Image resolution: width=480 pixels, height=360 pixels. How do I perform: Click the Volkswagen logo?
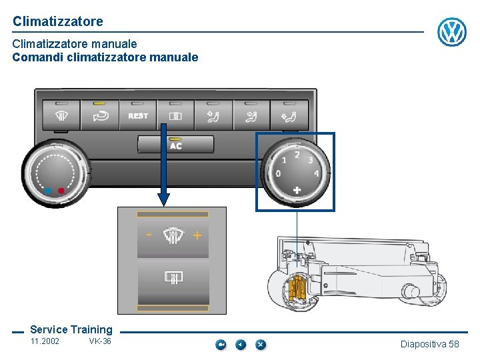[x=451, y=32]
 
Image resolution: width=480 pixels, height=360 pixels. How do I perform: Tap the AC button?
[x=176, y=144]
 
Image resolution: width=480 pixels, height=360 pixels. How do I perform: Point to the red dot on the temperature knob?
[x=61, y=191]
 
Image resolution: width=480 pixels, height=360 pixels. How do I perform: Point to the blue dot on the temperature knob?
[x=47, y=191]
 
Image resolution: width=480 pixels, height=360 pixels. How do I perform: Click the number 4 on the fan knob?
[x=316, y=173]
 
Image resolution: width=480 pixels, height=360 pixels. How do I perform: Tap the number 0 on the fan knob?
[x=278, y=173]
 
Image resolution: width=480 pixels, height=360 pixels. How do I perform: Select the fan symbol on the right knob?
[x=297, y=190]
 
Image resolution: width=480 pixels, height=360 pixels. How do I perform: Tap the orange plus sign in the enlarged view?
[x=197, y=235]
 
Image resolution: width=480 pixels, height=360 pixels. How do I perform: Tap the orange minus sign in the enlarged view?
[x=149, y=235]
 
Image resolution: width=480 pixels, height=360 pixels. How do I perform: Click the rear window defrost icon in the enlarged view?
[x=173, y=277]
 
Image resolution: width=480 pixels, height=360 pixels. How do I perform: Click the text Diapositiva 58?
[x=429, y=344]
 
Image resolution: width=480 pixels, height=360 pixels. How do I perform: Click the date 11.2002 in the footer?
[x=45, y=341]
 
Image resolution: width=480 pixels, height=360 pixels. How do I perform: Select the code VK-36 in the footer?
[x=100, y=341]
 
